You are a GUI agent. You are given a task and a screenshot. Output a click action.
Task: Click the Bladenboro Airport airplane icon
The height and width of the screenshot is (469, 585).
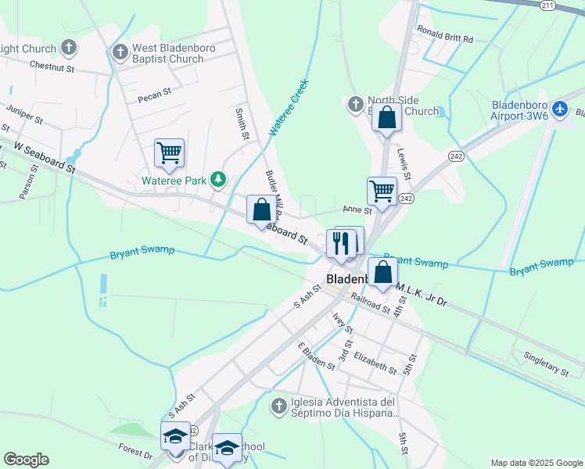[560, 109]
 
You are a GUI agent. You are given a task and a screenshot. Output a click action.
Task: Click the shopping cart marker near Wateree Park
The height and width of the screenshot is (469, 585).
[169, 152]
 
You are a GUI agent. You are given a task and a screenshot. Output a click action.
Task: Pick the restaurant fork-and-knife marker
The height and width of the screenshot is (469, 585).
[340, 243]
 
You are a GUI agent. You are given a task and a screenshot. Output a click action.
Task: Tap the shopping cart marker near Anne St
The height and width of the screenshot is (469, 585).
[382, 190]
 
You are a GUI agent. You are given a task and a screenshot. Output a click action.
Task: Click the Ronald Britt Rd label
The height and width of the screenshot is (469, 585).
[445, 38]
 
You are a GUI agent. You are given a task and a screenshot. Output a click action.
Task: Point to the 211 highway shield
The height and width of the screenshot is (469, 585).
[547, 5]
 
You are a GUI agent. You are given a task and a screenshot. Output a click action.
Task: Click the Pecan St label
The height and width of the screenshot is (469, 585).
[154, 95]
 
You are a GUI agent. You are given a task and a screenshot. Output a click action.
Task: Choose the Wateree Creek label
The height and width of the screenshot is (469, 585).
[289, 107]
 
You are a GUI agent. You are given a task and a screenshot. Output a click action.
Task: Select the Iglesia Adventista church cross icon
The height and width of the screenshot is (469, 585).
[278, 406]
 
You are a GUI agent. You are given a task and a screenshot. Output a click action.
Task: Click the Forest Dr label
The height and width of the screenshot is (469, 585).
[135, 451]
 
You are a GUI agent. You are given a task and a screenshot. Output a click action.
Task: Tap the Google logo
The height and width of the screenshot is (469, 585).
[26, 460]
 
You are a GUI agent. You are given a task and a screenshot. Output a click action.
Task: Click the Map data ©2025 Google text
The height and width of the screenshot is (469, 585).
[536, 463]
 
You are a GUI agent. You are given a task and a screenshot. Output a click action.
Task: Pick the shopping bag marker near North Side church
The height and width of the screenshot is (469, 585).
[386, 117]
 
